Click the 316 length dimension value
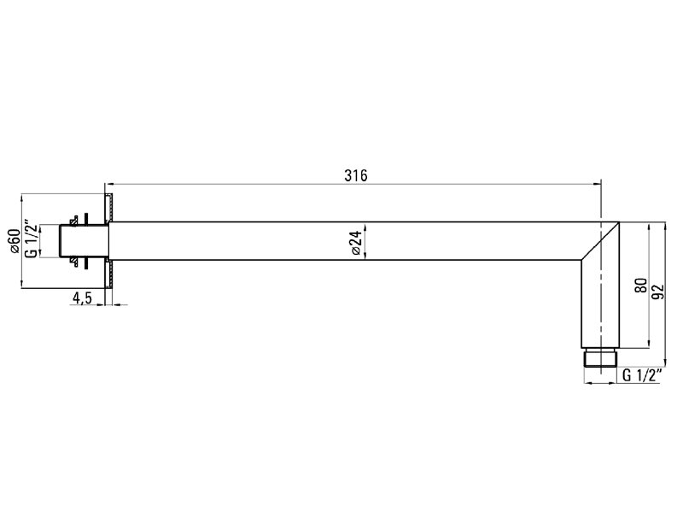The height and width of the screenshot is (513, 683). click(x=356, y=175)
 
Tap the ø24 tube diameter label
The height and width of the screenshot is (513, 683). click(x=356, y=243)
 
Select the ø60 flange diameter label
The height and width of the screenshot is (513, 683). click(x=14, y=240)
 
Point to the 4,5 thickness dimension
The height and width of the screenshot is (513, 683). click(x=82, y=298)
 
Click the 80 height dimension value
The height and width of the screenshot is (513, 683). click(x=641, y=286)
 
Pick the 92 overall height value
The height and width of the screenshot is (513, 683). click(x=657, y=292)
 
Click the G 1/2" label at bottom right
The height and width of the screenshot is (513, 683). click(x=643, y=375)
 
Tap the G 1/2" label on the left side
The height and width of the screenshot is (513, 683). click(x=31, y=239)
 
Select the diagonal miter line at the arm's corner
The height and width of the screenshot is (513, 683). click(x=600, y=241)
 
